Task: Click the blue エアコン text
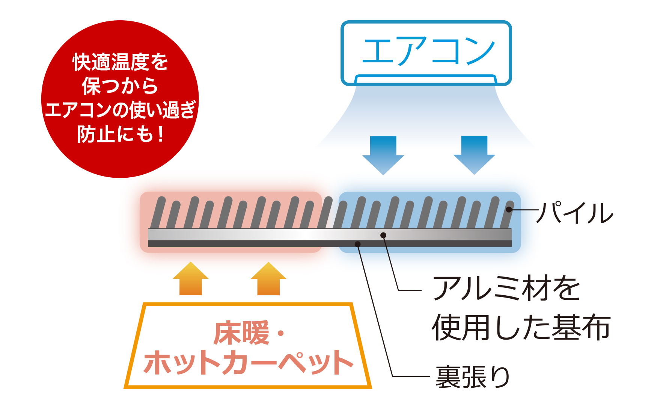pyautogui.click(x=428, y=51)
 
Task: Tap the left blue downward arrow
pyautogui.click(x=383, y=155)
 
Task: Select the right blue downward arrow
pyautogui.click(x=474, y=155)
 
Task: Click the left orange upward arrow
pyautogui.click(x=191, y=278)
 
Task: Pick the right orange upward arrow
pyautogui.click(x=268, y=278)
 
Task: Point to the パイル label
pyautogui.click(x=575, y=213)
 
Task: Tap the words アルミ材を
pyautogui.click(x=506, y=288)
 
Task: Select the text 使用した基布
pyautogui.click(x=521, y=327)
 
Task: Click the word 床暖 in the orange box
pyautogui.click(x=241, y=332)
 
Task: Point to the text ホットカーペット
pyautogui.click(x=249, y=363)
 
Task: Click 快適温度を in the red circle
pyautogui.click(x=120, y=62)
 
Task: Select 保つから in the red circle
pyautogui.click(x=120, y=86)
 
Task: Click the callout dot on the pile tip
pyautogui.click(x=509, y=209)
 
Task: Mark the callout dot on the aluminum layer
pyautogui.click(x=383, y=235)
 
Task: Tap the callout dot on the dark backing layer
pyautogui.click(x=358, y=244)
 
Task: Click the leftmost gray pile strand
pyautogui.click(x=158, y=212)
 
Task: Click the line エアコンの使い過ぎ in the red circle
pyautogui.click(x=120, y=110)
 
